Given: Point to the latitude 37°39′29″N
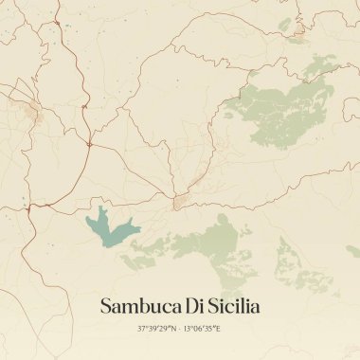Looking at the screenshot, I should point(157,328).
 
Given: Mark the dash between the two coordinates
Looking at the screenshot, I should point(180,328).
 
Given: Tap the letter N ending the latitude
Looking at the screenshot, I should point(173,328).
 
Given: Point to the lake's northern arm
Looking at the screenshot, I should point(99,212).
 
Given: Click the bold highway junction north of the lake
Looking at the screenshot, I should point(87,144).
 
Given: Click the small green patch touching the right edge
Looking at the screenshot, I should point(353,250).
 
